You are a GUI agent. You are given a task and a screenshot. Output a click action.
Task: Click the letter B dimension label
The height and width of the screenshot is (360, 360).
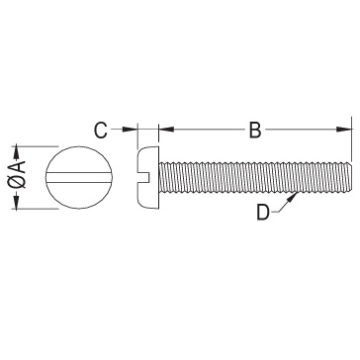(255, 130)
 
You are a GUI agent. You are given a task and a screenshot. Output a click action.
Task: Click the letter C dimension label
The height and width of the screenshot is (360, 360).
(101, 130)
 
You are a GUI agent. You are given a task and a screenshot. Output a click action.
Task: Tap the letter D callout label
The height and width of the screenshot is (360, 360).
(263, 213)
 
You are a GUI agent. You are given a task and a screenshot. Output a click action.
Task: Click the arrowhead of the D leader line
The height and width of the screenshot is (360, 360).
(292, 199)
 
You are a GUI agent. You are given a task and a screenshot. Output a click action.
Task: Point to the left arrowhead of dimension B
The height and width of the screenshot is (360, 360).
(166, 130)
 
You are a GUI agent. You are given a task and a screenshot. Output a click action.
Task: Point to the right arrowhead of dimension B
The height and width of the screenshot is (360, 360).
(344, 130)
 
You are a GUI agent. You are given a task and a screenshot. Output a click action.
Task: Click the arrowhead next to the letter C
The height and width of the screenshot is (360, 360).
(130, 130)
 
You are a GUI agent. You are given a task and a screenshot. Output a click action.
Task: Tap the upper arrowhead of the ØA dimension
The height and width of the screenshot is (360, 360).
(16, 153)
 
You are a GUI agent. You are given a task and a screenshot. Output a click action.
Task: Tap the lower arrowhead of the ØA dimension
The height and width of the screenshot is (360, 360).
(16, 202)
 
